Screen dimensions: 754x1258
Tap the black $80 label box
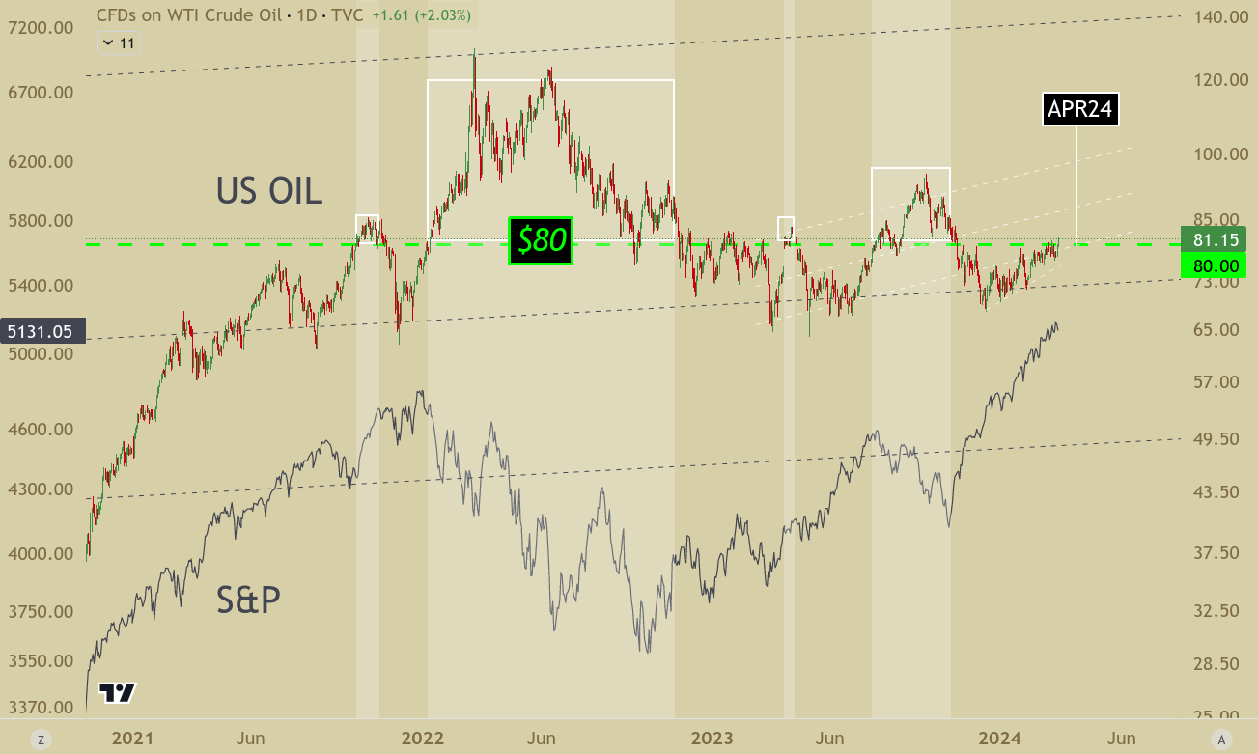541,240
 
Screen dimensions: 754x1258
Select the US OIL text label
268,190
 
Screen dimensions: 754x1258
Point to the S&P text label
248,600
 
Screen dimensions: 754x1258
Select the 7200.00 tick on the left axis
41,28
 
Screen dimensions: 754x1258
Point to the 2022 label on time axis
422,739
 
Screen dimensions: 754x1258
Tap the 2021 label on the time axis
132,739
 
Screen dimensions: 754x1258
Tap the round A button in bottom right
1221,740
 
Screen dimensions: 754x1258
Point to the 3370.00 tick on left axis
41,708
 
